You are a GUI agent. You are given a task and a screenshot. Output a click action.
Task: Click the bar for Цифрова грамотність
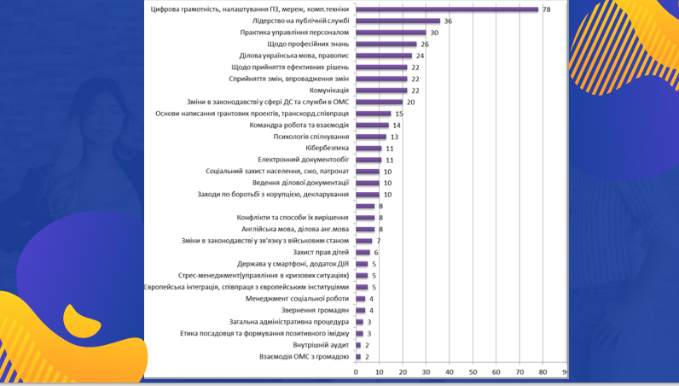click(x=446, y=9)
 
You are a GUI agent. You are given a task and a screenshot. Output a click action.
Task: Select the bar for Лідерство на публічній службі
click(x=398, y=21)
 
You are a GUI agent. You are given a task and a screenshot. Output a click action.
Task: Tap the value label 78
click(x=546, y=9)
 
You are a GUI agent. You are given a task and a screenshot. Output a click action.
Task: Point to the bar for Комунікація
click(x=380, y=90)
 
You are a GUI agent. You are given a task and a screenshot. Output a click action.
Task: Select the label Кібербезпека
click(x=328, y=148)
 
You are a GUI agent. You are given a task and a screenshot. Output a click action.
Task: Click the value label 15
click(x=398, y=114)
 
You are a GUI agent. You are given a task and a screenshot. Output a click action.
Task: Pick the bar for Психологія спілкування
click(x=370, y=137)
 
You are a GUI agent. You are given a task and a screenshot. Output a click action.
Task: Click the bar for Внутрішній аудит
click(x=358, y=345)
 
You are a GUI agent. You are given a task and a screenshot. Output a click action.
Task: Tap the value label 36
click(x=448, y=21)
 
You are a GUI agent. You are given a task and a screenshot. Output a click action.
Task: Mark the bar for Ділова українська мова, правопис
click(x=384, y=56)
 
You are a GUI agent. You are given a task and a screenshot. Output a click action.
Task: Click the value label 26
click(x=424, y=44)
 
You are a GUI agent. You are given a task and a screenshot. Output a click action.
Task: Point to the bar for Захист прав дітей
click(x=363, y=252)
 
